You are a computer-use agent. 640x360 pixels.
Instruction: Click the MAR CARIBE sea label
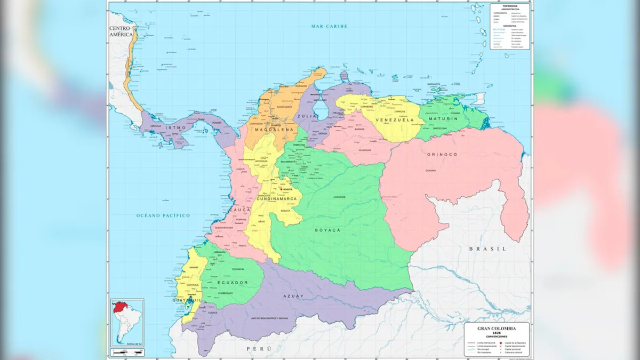tap(330, 26)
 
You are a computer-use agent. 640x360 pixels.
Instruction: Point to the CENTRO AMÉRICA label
tap(121, 31)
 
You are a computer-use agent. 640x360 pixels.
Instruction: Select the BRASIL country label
tap(487, 249)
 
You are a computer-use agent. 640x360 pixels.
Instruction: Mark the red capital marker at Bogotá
tap(281, 189)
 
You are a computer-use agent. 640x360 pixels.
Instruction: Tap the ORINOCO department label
tap(442, 154)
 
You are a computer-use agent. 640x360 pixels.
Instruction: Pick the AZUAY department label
tap(293, 296)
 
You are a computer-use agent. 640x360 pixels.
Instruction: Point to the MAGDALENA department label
tap(274, 130)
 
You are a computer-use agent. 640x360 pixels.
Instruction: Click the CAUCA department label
tap(239, 210)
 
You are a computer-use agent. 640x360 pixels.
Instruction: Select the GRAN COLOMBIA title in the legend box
tap(497, 327)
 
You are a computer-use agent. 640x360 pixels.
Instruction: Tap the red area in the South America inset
tap(119, 309)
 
